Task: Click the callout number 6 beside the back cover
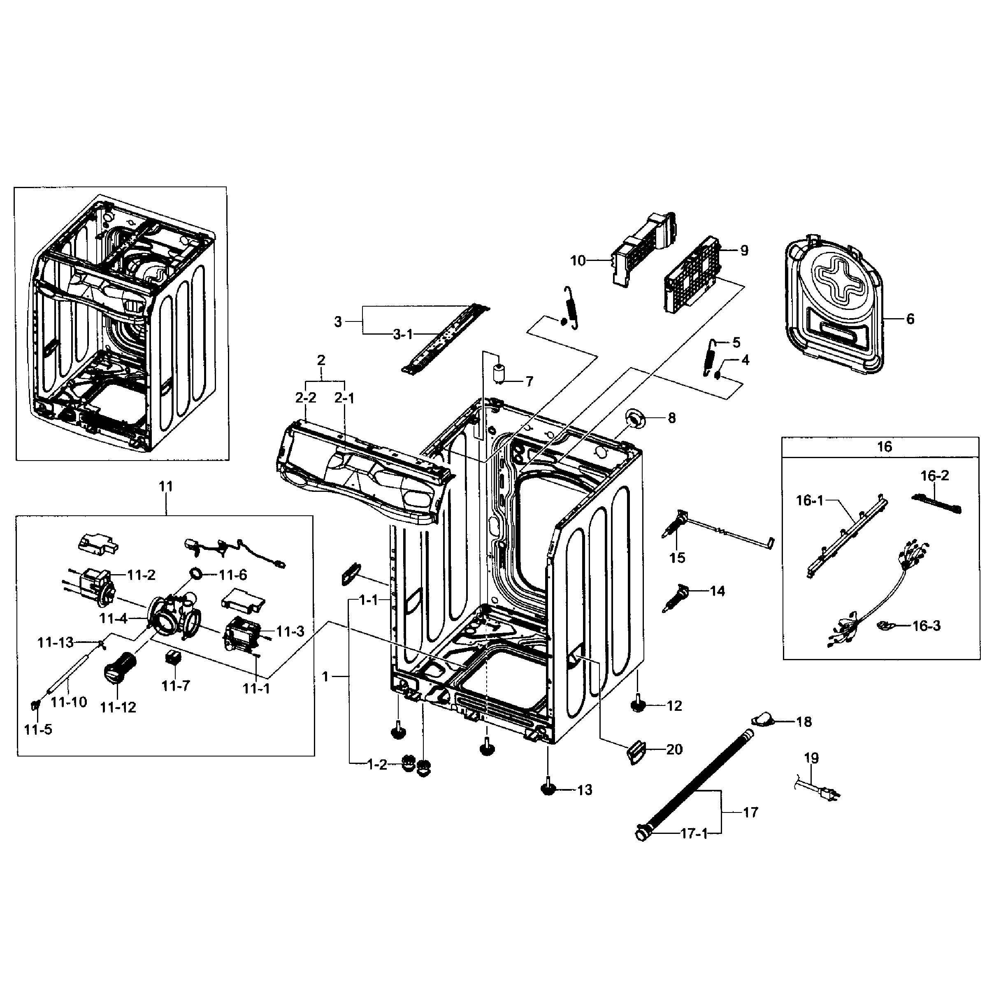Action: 910,319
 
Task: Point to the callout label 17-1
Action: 694,833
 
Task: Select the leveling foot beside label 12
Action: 638,705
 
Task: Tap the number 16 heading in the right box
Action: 884,447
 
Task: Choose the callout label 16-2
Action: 934,476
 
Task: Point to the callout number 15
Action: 677,558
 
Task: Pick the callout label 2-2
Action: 306,398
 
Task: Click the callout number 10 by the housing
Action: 578,261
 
